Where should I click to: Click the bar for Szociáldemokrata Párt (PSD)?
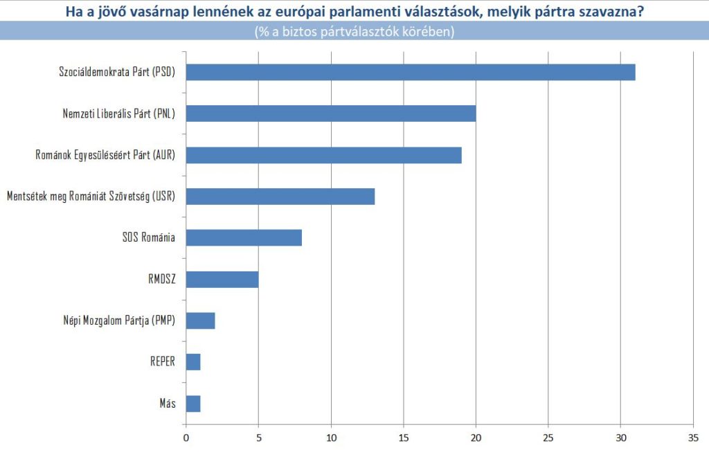pyautogui.click(x=411, y=72)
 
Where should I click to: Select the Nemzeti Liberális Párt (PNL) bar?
pyautogui.click(x=331, y=114)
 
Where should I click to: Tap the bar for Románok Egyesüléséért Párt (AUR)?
pyautogui.click(x=324, y=155)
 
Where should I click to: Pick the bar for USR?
pyautogui.click(x=280, y=197)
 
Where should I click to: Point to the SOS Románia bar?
pyautogui.click(x=244, y=238)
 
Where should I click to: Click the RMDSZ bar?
pyautogui.click(x=222, y=280)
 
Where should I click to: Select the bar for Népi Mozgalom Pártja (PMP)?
pyautogui.click(x=201, y=321)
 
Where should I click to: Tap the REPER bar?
pyautogui.click(x=193, y=362)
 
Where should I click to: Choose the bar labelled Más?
pyautogui.click(x=193, y=404)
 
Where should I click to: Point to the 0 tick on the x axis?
pyautogui.click(x=186, y=437)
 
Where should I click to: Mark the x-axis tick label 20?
pyautogui.click(x=476, y=437)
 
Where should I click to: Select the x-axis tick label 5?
pyautogui.click(x=258, y=437)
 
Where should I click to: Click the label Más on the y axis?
pyautogui.click(x=167, y=404)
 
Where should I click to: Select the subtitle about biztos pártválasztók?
pyautogui.click(x=354, y=32)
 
